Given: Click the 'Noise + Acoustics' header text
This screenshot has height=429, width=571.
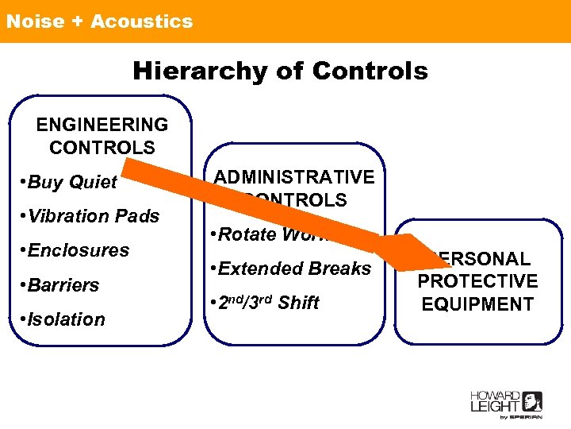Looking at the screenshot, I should point(99,21).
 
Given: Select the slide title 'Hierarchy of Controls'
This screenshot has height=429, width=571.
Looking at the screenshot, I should point(280,71).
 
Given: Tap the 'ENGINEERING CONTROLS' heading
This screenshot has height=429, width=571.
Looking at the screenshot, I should point(102,136).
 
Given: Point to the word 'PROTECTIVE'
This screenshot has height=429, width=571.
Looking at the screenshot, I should point(477,281).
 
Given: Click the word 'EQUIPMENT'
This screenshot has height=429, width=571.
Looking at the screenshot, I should point(477,304).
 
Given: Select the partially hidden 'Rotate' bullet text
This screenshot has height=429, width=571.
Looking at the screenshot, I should point(242,234).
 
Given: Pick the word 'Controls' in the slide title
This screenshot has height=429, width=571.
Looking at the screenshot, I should point(370,71).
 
